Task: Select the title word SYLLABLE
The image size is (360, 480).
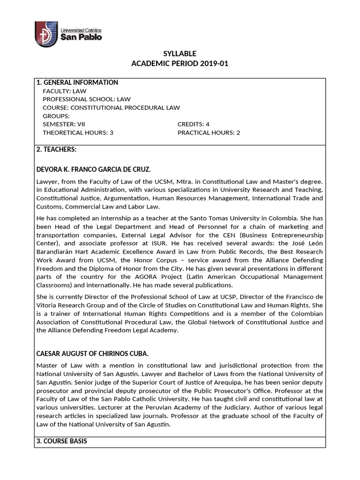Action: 180,53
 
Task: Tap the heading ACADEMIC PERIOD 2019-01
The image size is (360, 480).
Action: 180,63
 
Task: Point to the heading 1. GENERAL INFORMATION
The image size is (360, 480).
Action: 77,82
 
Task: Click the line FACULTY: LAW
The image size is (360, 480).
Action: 65,91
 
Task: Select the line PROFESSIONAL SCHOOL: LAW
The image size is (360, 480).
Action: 87,99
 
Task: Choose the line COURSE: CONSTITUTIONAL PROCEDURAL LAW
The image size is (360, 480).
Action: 111,108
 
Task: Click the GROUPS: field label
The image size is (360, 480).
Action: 56,116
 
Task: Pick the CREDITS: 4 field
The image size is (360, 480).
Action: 193,124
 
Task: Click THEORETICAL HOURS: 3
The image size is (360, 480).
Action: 78,133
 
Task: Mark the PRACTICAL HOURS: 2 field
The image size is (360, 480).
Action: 209,133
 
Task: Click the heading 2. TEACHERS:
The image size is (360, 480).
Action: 56,150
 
